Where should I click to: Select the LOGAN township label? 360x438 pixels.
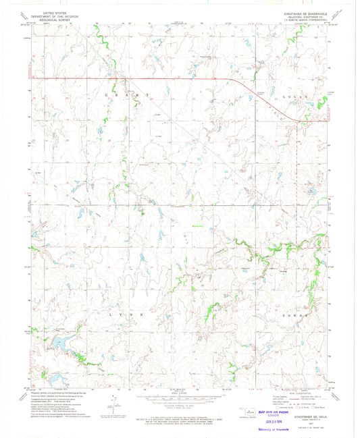tap(297, 97)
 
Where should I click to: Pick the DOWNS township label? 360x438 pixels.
tap(297, 314)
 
